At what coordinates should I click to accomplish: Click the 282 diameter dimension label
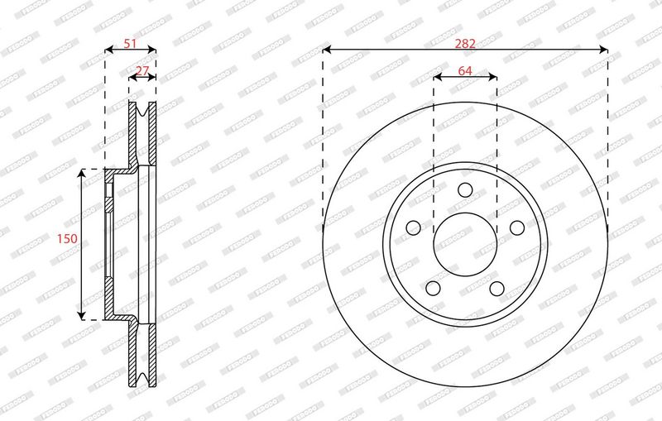(x=465, y=42)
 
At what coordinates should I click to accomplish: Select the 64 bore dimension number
(x=465, y=71)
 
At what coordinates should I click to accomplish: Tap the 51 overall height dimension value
(x=130, y=45)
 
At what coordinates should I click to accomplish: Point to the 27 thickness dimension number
(x=142, y=71)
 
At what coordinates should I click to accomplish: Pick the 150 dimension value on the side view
(x=66, y=238)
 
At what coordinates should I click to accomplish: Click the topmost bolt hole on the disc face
(x=465, y=189)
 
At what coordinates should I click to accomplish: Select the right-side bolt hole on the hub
(x=517, y=227)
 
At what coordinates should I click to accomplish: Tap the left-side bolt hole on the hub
(x=413, y=227)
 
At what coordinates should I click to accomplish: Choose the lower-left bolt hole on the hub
(x=433, y=288)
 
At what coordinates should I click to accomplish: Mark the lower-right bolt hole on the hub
(x=497, y=288)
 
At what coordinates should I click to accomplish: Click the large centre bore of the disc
(x=465, y=244)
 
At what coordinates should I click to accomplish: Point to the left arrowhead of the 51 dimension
(x=108, y=50)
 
